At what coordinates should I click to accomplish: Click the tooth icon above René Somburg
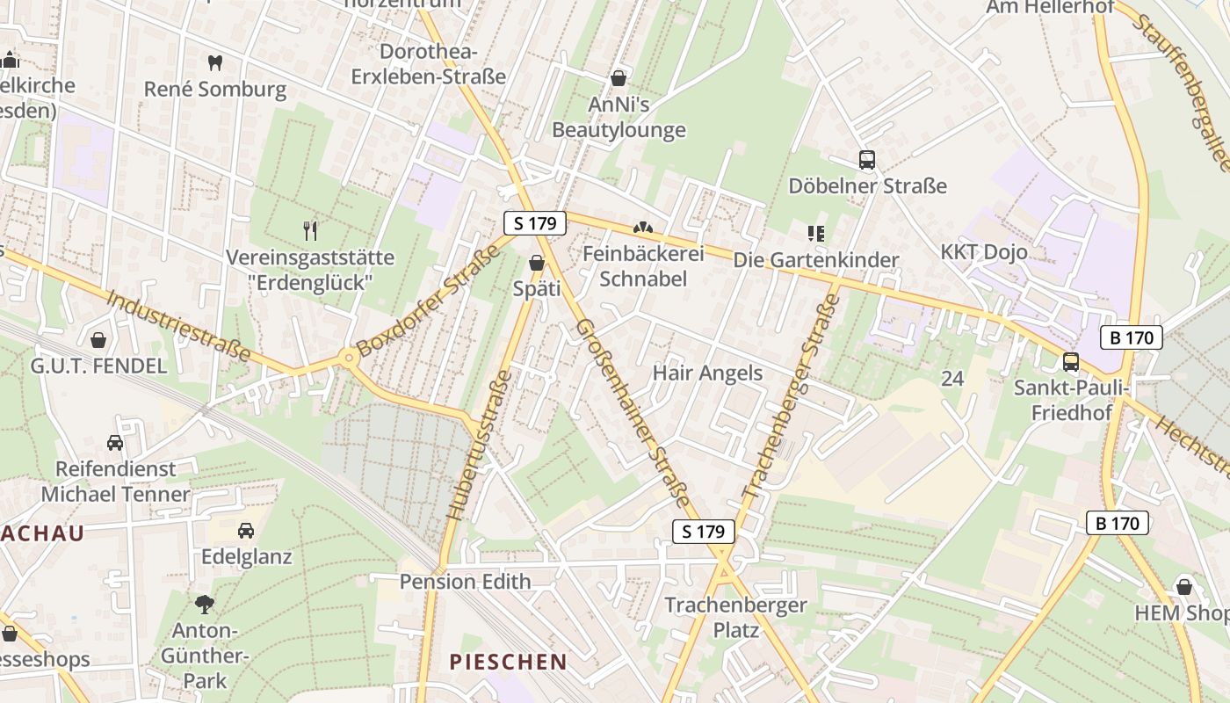[214, 62]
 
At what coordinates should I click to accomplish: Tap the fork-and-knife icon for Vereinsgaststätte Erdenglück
[310, 231]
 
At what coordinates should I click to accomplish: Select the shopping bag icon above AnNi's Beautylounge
[619, 78]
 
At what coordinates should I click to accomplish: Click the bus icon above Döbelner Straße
[867, 160]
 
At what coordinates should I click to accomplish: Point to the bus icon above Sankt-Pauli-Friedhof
[1071, 361]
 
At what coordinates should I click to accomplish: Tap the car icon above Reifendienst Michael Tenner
[115, 442]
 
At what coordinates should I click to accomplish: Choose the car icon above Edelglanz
[246, 531]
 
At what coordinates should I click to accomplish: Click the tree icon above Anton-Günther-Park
[205, 605]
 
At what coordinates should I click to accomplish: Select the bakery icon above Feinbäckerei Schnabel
[644, 228]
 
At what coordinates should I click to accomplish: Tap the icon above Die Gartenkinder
[816, 234]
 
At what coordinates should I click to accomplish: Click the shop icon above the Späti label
[537, 263]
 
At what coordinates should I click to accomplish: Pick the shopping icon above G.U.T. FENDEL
[98, 339]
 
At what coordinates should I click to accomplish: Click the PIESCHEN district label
[509, 662]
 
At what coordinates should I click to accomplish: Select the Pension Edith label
[466, 582]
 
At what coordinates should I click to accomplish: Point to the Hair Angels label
[707, 373]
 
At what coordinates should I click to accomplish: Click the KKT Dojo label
[984, 252]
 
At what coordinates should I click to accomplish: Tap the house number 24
[952, 379]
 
